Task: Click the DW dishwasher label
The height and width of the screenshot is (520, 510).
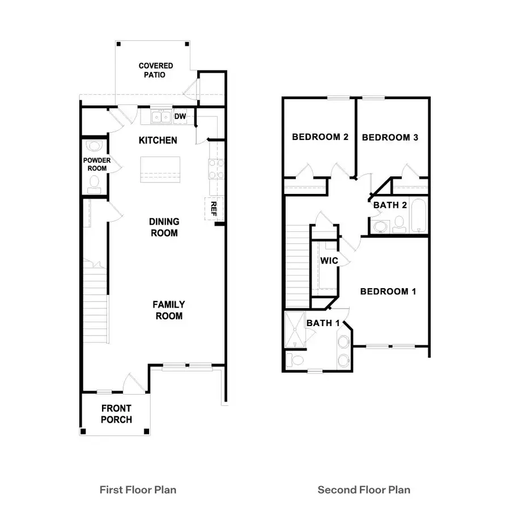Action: (x=180, y=117)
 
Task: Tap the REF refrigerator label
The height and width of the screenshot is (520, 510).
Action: (x=214, y=208)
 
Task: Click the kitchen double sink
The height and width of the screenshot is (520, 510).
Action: (x=161, y=117)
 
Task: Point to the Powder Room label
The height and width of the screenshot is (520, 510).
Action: (x=97, y=164)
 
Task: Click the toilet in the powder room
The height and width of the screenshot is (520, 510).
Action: (x=94, y=183)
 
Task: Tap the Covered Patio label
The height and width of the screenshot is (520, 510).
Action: (x=156, y=70)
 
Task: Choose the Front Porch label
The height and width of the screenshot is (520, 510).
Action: (x=117, y=414)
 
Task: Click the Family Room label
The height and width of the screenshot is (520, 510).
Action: (x=169, y=310)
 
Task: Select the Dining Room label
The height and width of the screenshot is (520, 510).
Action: (x=164, y=227)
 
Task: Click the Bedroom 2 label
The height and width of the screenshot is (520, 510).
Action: (x=320, y=137)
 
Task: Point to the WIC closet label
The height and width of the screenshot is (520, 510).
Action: (x=329, y=260)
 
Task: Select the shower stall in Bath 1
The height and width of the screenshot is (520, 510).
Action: (x=295, y=329)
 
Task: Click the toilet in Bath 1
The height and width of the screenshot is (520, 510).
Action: (x=294, y=360)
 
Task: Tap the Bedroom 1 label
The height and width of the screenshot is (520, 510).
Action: (x=388, y=291)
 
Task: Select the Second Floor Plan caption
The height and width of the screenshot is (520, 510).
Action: (x=363, y=489)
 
